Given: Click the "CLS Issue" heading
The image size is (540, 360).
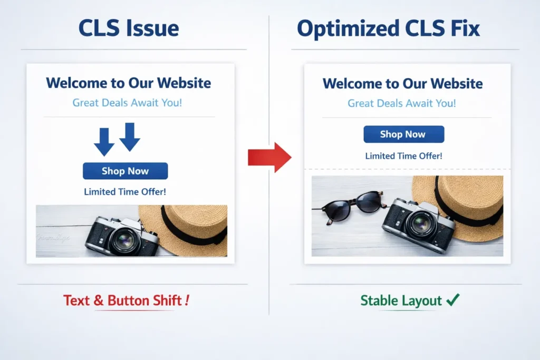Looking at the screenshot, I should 129,28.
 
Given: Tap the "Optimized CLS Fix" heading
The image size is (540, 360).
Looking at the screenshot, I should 389,28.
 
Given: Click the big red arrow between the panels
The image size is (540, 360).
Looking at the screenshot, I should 269,157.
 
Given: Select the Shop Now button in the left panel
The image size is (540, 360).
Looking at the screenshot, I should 125,171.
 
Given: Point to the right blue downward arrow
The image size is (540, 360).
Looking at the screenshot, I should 130,137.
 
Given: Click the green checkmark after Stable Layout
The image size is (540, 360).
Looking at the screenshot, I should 452,300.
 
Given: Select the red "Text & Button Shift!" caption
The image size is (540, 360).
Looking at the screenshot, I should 126,300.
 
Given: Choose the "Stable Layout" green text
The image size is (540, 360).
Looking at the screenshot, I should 401,300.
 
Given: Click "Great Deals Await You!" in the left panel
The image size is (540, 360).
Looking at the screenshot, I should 127,102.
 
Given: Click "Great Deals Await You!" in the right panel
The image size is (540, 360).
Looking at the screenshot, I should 402,103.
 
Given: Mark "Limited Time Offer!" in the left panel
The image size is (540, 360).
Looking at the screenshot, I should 125,192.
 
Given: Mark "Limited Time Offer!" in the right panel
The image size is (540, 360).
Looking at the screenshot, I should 403,156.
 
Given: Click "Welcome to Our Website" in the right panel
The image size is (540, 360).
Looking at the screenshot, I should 402,84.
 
